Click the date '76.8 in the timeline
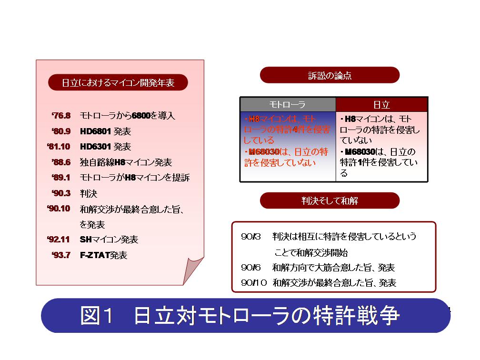pos(61,116)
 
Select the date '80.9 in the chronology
pos(61,131)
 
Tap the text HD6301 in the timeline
pos(95,147)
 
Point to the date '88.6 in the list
pos(61,162)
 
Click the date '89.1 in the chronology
pos(61,178)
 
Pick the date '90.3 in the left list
pos(61,193)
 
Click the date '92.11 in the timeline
pos(59,240)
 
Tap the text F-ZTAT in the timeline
pos(95,255)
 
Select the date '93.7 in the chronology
pos(61,255)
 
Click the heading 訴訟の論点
pos(330,75)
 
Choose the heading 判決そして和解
pos(330,201)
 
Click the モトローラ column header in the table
pos(287,105)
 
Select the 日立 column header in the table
pos(381,105)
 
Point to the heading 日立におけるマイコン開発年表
pos(118,83)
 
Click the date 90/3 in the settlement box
pos(250,237)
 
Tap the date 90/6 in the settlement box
pos(250,268)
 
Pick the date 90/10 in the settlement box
pos(254,282)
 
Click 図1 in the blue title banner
pos(97,315)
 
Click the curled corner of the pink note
pos(193,270)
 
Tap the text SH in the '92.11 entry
pos(86,240)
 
